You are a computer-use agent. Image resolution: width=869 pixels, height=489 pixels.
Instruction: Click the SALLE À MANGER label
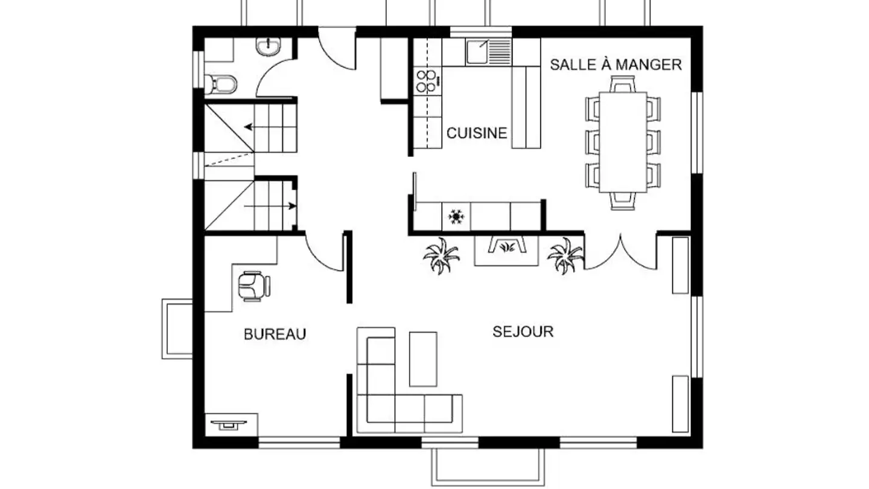pyautogui.click(x=616, y=65)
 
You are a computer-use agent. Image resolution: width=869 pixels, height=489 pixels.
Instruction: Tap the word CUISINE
pyautogui.click(x=477, y=133)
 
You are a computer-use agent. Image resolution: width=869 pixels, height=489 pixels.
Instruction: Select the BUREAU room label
pyautogui.click(x=275, y=334)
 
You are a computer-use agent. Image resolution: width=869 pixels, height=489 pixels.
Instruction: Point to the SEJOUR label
pyautogui.click(x=523, y=331)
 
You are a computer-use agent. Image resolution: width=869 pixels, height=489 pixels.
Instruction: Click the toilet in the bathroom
pyautogui.click(x=220, y=84)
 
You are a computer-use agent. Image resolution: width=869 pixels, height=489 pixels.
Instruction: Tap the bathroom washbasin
pyautogui.click(x=268, y=47)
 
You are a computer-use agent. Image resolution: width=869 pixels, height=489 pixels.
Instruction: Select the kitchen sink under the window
pyautogui.click(x=489, y=52)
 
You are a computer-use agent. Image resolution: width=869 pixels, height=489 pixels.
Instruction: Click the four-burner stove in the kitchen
pyautogui.click(x=427, y=81)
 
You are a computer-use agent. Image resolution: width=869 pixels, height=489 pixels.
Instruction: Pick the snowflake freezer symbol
pyautogui.click(x=456, y=217)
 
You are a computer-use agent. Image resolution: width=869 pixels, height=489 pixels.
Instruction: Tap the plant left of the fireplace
pyautogui.click(x=442, y=255)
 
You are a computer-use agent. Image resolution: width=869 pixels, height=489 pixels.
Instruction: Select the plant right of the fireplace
pyautogui.click(x=565, y=255)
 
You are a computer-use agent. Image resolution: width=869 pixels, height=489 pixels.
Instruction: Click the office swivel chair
pyautogui.click(x=254, y=286)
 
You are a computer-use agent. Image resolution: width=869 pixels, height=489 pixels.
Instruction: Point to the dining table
pyautogui.click(x=623, y=142)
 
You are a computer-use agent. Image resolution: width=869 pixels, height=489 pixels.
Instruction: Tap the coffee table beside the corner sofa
pyautogui.click(x=423, y=359)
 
